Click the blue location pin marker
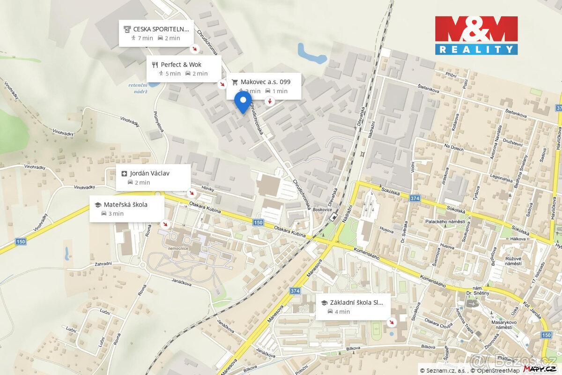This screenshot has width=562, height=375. tap(243, 101)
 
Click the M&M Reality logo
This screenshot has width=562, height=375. tap(476, 35)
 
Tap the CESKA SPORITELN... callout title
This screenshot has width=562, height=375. tap(161, 29)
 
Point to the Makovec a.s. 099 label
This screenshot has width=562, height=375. tap(265, 82)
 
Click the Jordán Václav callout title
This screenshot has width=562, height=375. tap(149, 173)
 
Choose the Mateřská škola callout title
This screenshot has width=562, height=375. tap(126, 204)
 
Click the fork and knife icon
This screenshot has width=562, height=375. tap(155, 65)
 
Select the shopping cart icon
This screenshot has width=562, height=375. tap(235, 82)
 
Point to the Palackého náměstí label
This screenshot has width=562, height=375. tap(445, 221)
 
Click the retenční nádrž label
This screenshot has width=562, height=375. tap(138, 88)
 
